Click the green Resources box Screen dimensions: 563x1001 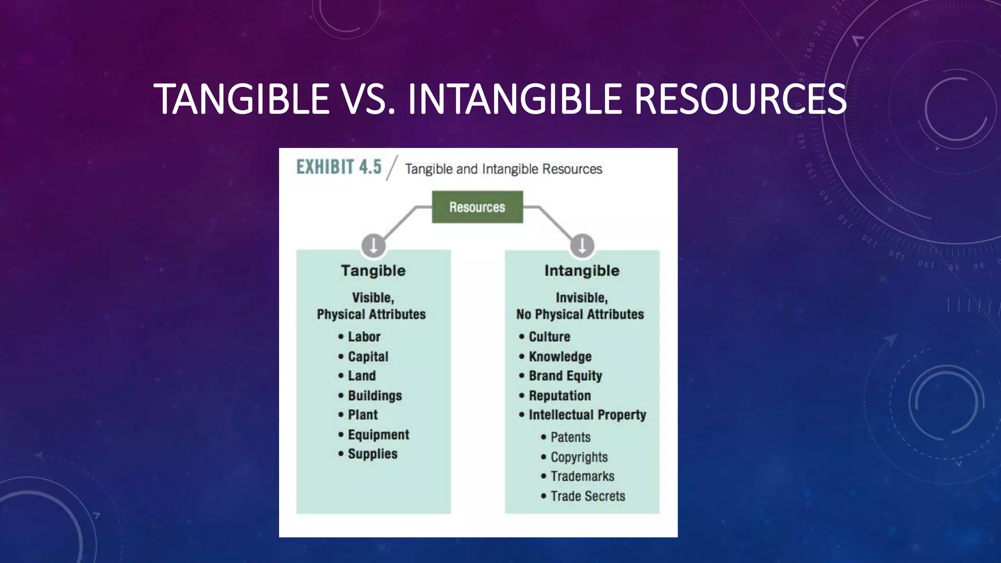pyautogui.click(x=477, y=207)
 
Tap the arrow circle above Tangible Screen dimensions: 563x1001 pyautogui.click(x=373, y=245)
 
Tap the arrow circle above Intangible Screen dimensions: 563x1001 pyautogui.click(x=582, y=245)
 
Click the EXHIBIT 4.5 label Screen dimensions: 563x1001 pyautogui.click(x=339, y=167)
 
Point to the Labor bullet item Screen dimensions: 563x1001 pyautogui.click(x=364, y=337)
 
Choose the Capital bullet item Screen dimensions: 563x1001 pyautogui.click(x=368, y=357)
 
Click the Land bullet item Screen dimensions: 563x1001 pyautogui.click(x=362, y=376)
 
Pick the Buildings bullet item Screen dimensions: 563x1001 pyautogui.click(x=374, y=395)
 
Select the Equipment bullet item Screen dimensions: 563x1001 pyautogui.click(x=378, y=434)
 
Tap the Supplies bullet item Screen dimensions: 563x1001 pyautogui.click(x=372, y=454)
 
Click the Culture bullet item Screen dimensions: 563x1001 pyautogui.click(x=549, y=337)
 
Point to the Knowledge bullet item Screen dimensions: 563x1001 pyautogui.click(x=560, y=357)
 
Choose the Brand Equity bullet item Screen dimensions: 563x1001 pyautogui.click(x=565, y=376)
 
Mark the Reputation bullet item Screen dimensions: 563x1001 pyautogui.click(x=560, y=395)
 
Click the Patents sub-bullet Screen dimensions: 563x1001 pyautogui.click(x=570, y=437)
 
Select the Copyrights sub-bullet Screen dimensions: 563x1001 pyautogui.click(x=579, y=457)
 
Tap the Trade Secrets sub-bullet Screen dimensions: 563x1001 pyautogui.click(x=588, y=496)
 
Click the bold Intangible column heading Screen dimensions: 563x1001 pyautogui.click(x=582, y=271)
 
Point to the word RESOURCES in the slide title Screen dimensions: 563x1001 pyautogui.click(x=740, y=99)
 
